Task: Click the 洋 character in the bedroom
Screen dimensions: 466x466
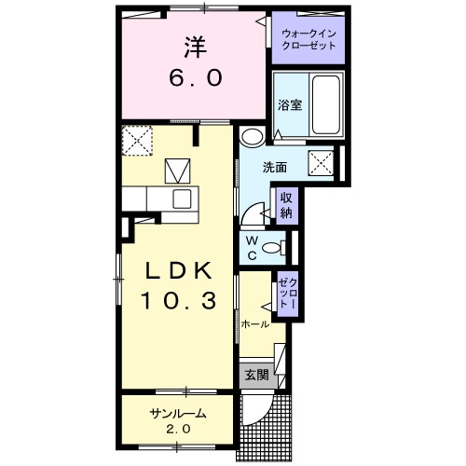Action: click(196, 47)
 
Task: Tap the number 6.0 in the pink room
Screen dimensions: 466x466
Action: click(196, 77)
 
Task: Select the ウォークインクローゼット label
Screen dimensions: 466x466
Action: click(308, 39)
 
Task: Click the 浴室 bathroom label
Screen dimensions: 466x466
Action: click(290, 105)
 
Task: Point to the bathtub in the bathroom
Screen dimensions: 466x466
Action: click(326, 105)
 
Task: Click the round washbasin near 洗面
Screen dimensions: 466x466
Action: click(253, 137)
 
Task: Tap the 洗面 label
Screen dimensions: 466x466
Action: click(275, 168)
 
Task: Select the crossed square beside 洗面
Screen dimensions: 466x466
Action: click(321, 163)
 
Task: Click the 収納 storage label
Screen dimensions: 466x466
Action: click(286, 205)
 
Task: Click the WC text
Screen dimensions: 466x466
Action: click(252, 248)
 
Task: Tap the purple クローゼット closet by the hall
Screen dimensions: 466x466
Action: click(288, 294)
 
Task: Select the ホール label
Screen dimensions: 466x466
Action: click(255, 324)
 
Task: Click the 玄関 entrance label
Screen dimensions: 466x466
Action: click(256, 375)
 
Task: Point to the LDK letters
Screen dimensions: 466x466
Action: click(179, 270)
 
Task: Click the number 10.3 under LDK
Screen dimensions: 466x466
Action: click(179, 301)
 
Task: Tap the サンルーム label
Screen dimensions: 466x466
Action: click(178, 413)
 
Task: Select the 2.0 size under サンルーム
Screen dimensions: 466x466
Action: click(178, 430)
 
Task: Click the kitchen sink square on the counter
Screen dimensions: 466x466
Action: click(182, 199)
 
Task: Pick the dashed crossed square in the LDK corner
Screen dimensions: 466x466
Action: click(137, 141)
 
